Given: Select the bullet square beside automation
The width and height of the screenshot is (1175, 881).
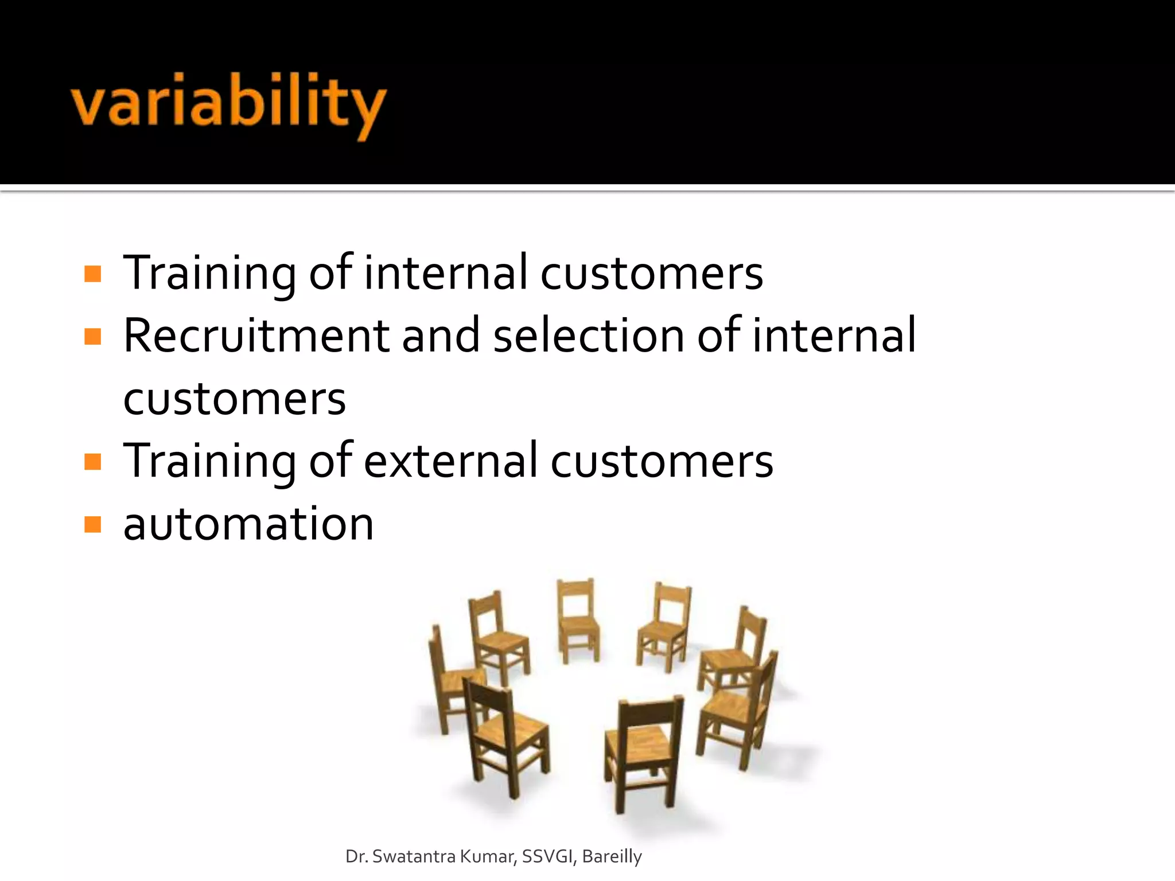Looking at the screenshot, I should (x=92, y=524).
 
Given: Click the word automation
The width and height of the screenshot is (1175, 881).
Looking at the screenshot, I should (x=248, y=524).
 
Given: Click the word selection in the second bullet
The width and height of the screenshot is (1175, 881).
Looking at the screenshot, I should (x=589, y=336).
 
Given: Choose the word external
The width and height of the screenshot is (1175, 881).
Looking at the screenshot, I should (x=451, y=461).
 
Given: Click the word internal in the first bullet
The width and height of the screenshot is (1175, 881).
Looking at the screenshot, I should (x=446, y=273).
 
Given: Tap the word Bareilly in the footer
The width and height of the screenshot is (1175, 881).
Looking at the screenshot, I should (x=612, y=857).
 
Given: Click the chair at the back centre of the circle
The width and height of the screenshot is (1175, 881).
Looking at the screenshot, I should (x=578, y=619).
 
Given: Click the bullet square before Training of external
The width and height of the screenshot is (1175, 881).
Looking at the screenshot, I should (x=92, y=462).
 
